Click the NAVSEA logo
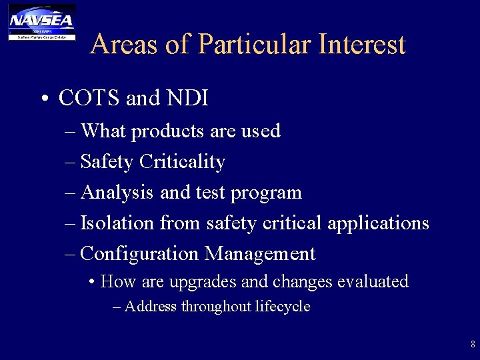point(41,21)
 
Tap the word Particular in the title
point(255,45)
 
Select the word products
point(168,131)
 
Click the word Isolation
point(117,223)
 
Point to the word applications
point(378,223)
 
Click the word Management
point(260,254)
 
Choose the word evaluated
point(373,281)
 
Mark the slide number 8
point(473,345)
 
